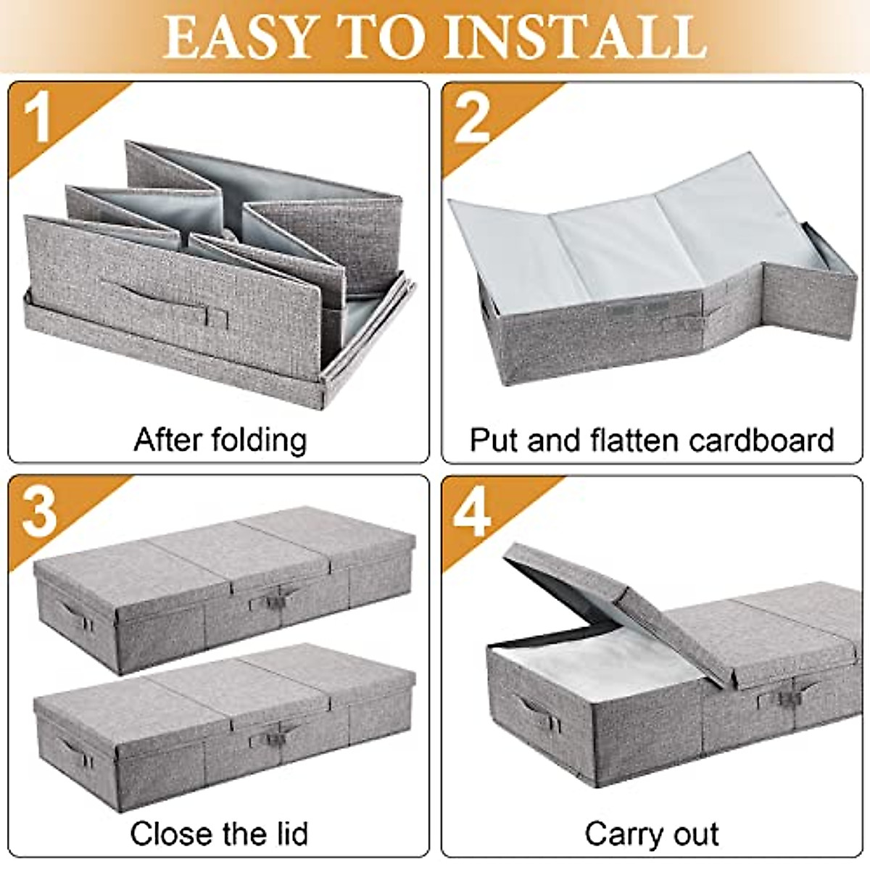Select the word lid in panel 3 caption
click(289, 834)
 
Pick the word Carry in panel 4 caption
click(620, 834)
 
